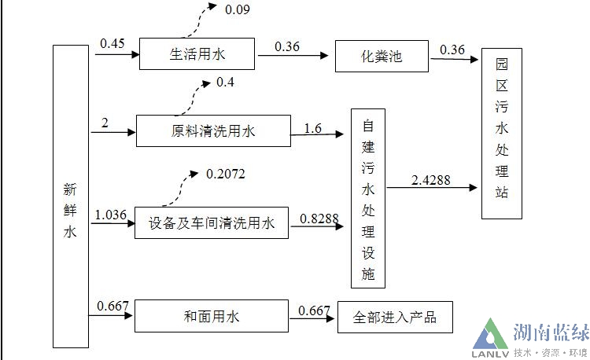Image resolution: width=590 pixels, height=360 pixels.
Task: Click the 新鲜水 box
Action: point(71,196)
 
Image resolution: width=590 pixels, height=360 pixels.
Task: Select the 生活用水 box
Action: point(198,54)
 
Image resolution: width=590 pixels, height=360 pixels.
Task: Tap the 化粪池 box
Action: point(381,57)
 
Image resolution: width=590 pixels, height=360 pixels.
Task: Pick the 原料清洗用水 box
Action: point(213,131)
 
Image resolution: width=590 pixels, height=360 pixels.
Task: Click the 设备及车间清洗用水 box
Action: point(212,224)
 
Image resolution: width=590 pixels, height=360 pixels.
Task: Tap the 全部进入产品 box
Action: point(395,318)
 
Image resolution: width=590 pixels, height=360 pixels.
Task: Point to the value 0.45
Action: point(112,43)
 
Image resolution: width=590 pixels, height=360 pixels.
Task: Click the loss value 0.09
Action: point(238,10)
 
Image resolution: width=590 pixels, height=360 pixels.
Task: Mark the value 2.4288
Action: point(430,180)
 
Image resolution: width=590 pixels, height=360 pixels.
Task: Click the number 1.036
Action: point(111,214)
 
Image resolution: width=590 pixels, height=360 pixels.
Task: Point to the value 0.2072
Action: point(225,173)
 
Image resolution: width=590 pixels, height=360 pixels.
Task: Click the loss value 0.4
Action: point(225,82)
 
